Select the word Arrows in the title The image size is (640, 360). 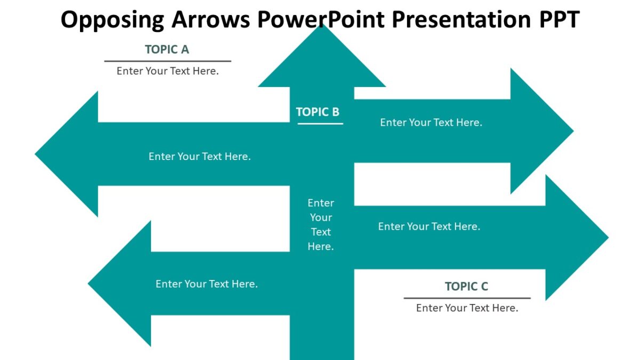click(210, 20)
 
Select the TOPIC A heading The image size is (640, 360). click(167, 50)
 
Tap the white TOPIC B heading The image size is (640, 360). click(317, 112)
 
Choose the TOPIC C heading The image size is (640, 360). click(466, 286)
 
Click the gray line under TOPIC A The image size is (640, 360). click(167, 61)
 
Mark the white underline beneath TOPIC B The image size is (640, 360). click(320, 124)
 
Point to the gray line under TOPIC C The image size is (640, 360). click(467, 298)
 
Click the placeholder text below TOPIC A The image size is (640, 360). click(167, 71)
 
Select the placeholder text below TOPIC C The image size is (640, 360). click(467, 308)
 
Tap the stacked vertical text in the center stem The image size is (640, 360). click(321, 225)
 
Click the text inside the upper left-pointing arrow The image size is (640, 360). click(199, 156)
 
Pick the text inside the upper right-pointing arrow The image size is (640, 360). click(431, 122)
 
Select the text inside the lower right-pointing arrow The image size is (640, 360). click(429, 226)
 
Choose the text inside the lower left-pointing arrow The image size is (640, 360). click(206, 284)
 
